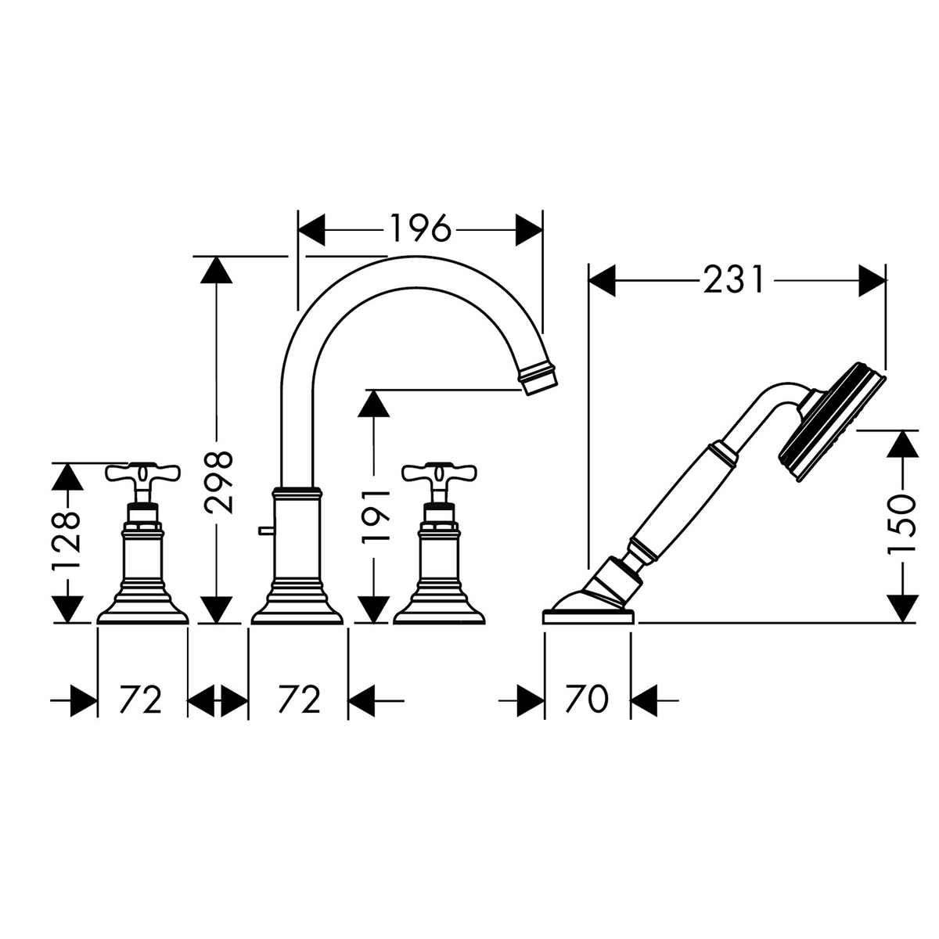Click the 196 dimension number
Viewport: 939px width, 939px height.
coord(420,228)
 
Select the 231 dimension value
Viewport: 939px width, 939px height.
coord(733,280)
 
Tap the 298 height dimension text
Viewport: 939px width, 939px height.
coord(218,483)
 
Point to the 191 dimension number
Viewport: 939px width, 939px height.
coord(376,516)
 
